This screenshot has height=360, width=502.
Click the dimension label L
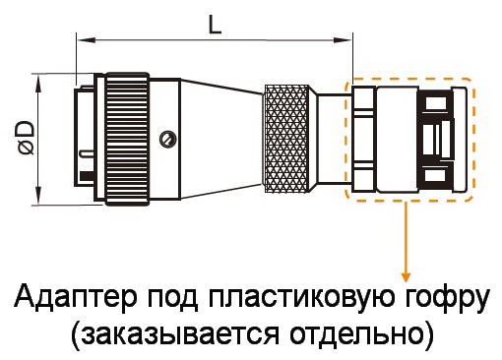(215, 25)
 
